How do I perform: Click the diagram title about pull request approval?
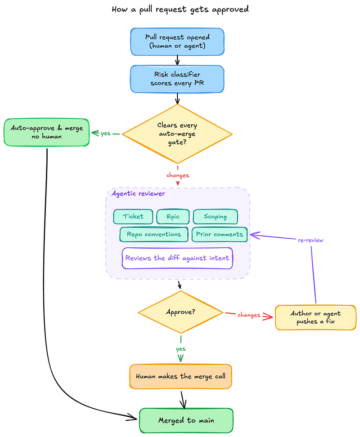pos(180,9)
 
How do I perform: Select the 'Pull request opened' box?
pos(177,41)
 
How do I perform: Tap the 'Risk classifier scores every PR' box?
pos(177,79)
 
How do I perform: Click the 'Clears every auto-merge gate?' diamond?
pos(177,134)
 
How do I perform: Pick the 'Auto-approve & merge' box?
pos(46,132)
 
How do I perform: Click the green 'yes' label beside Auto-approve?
pos(106,134)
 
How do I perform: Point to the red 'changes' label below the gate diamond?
pos(178,175)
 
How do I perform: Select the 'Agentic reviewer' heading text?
pos(138,194)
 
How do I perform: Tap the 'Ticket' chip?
pos(133,217)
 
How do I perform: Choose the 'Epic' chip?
pos(173,217)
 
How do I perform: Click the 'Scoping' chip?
pos(215,217)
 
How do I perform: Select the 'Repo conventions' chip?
pos(154,234)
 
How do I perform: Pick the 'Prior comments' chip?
pos(220,234)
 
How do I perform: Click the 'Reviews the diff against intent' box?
pos(177,258)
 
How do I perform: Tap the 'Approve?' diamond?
pos(181,312)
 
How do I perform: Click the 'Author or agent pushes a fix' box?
pos(315,317)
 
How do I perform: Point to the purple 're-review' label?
pos(310,240)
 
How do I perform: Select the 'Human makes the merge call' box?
pos(181,376)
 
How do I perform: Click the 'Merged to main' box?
pos(186,420)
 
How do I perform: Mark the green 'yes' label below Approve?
pos(181,349)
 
